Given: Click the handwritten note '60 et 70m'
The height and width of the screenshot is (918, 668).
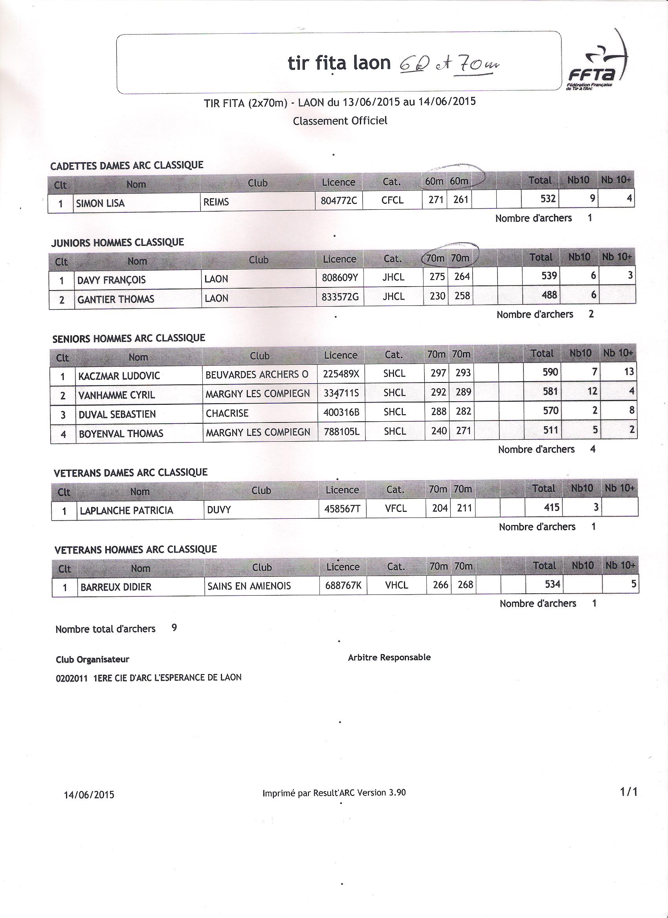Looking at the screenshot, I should [x=449, y=65].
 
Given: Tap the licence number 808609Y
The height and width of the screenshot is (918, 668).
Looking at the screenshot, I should [x=340, y=278].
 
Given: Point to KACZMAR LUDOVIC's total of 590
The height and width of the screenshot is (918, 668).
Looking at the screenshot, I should [x=550, y=372].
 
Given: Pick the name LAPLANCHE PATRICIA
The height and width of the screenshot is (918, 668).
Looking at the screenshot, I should [x=127, y=510].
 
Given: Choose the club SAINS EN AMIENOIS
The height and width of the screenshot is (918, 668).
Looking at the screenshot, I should [x=249, y=586].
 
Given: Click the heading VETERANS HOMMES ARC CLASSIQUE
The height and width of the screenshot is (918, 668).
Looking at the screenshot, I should [x=136, y=549].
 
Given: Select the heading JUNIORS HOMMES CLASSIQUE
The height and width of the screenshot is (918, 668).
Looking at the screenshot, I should [x=117, y=242].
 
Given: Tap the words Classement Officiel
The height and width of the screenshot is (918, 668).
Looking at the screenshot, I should [x=340, y=121].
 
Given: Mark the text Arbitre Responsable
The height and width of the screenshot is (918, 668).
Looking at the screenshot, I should [x=389, y=657].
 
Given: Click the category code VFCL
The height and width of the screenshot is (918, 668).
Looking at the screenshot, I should [x=396, y=508].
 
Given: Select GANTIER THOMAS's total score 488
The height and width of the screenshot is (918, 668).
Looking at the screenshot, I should [x=549, y=295].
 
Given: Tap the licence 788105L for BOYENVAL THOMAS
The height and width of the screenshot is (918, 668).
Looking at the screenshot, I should [x=341, y=432].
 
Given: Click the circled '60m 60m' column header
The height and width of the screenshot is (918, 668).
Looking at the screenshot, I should [x=446, y=181].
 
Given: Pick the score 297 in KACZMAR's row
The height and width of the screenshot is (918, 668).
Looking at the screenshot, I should [x=438, y=373].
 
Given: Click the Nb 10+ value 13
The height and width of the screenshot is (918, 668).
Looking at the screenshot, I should [x=629, y=371].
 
